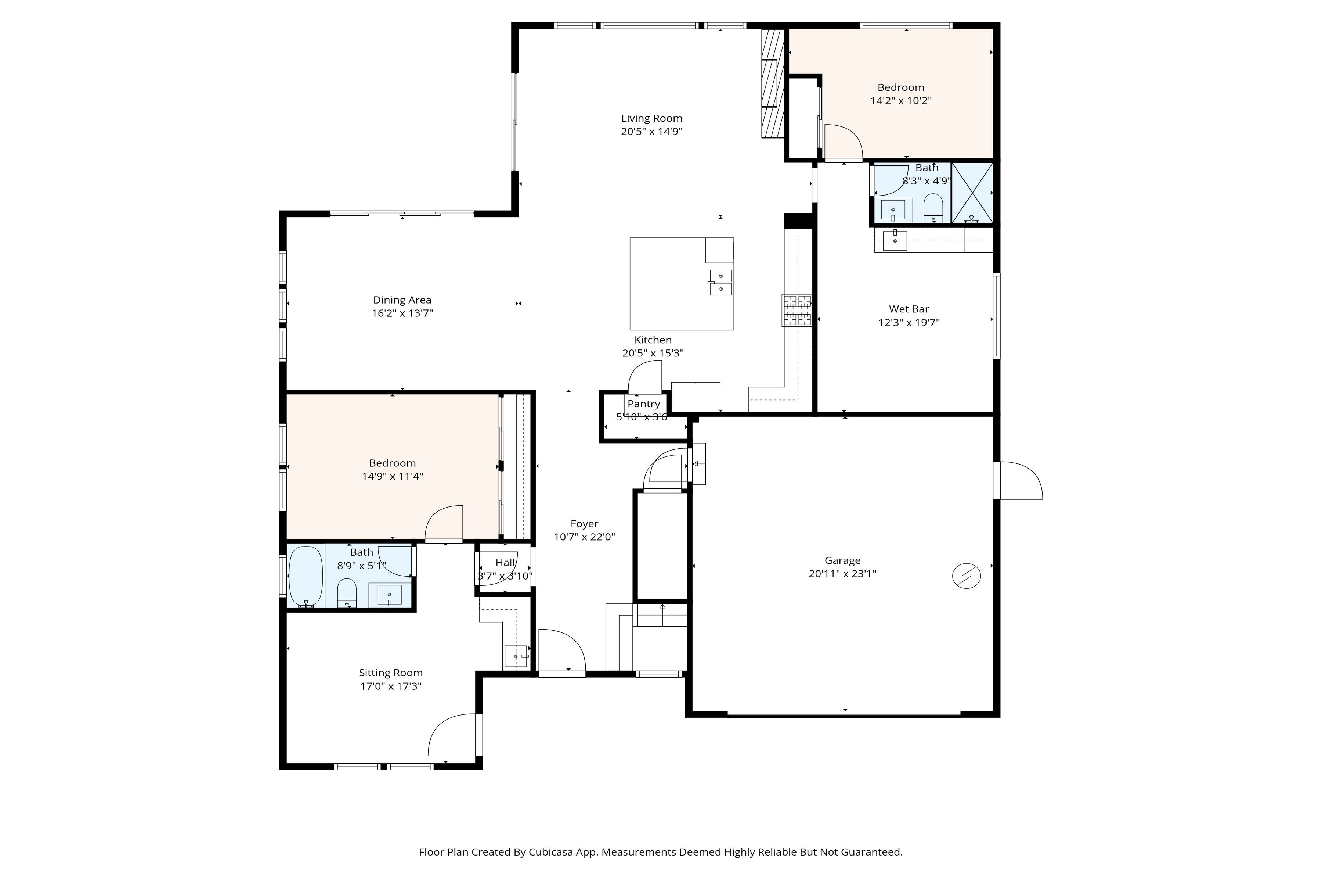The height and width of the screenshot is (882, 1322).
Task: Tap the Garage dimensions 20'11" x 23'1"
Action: pyautogui.click(x=842, y=574)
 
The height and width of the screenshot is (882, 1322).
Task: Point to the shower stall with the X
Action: pyautogui.click(x=972, y=193)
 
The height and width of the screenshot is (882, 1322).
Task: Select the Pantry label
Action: pyautogui.click(x=644, y=404)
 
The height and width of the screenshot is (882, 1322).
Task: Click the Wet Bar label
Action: pyautogui.click(x=909, y=309)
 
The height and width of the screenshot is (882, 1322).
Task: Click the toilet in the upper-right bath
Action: pyautogui.click(x=933, y=208)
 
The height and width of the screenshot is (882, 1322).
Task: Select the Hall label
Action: pyautogui.click(x=505, y=563)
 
